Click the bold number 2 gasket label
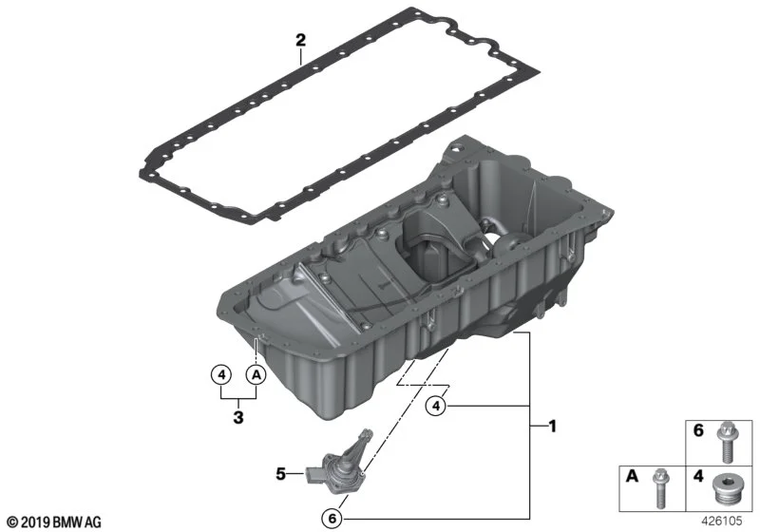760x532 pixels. coord(301,40)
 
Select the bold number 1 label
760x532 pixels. coord(552,427)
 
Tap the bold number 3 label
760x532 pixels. coord(238,417)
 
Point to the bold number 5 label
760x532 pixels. coord(281,473)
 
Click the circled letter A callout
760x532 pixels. coord(256,374)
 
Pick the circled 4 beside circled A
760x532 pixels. coord(221,374)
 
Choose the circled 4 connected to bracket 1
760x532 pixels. coord(436,406)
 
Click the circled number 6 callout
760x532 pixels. coord(332,519)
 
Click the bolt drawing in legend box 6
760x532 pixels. coord(726,442)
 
